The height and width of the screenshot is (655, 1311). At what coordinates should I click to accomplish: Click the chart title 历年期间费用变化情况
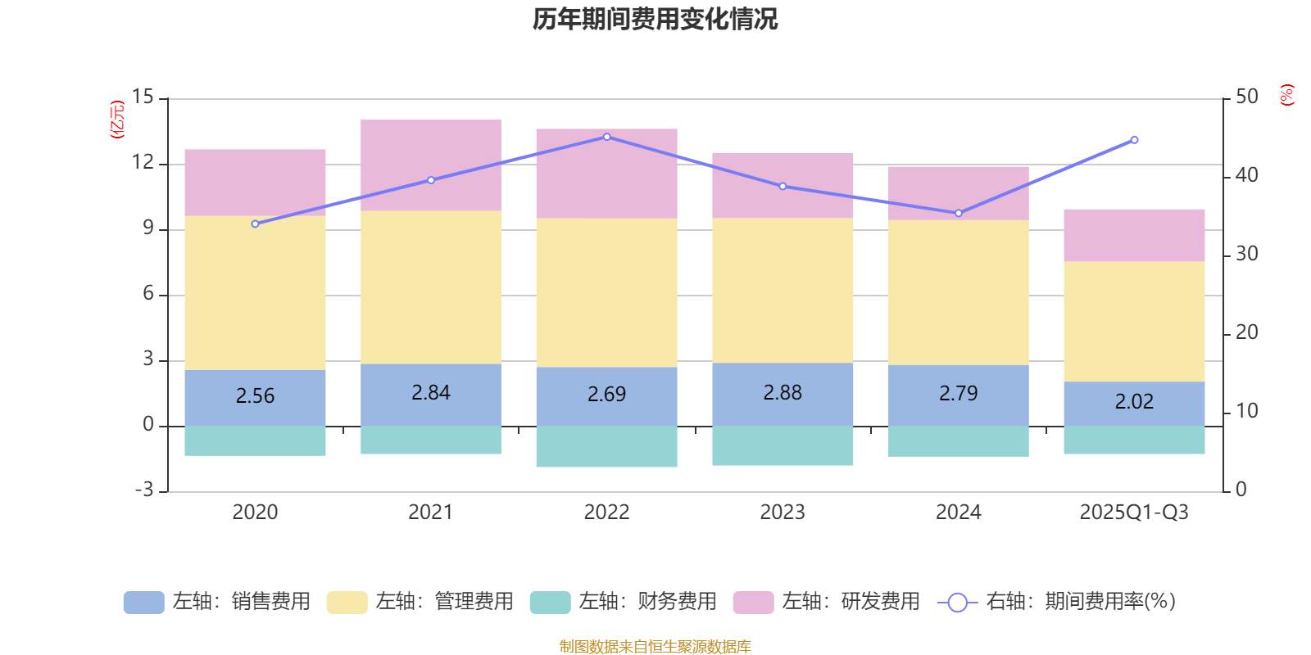click(x=655, y=19)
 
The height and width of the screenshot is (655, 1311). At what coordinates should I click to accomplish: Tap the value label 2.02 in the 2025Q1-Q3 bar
click(x=1134, y=402)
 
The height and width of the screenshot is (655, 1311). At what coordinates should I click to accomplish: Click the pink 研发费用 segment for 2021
click(x=431, y=165)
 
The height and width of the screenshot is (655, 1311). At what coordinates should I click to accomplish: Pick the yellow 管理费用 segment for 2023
click(x=783, y=291)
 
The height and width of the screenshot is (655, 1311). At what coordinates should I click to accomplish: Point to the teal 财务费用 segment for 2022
click(x=606, y=446)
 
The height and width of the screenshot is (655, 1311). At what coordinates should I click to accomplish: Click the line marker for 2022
click(x=606, y=137)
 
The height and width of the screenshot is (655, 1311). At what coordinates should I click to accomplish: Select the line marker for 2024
click(x=959, y=213)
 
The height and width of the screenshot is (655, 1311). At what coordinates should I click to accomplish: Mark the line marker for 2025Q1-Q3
click(x=1134, y=140)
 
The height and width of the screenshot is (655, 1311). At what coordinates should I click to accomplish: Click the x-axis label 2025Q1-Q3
click(x=1134, y=513)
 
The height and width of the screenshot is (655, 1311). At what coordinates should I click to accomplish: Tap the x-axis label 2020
click(x=255, y=513)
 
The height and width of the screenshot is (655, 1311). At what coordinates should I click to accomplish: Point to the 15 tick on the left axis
click(x=143, y=97)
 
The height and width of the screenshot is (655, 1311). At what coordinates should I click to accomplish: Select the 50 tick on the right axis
click(x=1246, y=97)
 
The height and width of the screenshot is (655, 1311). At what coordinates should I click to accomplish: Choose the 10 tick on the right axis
click(x=1246, y=411)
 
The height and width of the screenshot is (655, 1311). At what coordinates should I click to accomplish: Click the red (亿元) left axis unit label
click(x=117, y=120)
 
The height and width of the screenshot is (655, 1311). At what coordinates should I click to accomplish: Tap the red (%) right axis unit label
click(x=1286, y=95)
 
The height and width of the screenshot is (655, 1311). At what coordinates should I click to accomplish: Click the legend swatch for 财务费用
click(x=550, y=603)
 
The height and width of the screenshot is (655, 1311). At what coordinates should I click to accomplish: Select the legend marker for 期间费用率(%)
click(x=957, y=603)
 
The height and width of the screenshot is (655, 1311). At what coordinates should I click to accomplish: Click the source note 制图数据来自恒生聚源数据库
click(x=655, y=647)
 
